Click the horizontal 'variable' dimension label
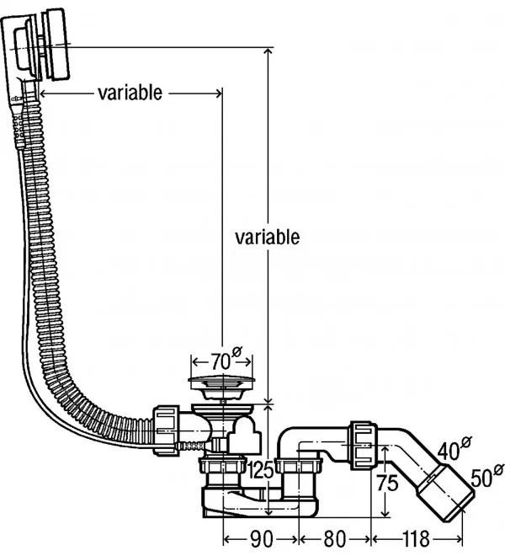click(x=130, y=93)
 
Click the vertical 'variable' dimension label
click(x=267, y=237)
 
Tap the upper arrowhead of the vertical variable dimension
click(x=268, y=53)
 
